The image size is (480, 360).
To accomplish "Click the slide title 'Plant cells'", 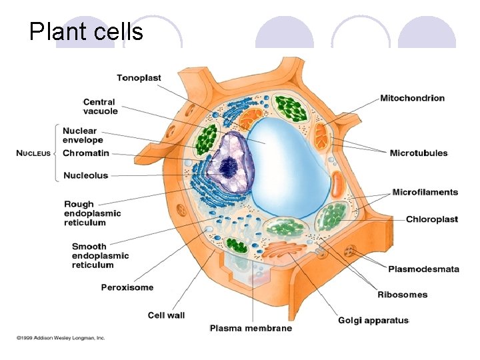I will (86, 31).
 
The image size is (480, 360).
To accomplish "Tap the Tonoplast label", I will (139, 78).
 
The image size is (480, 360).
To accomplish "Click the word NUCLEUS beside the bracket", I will (33, 153).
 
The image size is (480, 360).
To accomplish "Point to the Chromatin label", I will (85, 153).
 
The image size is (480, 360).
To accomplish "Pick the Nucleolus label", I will (85, 176).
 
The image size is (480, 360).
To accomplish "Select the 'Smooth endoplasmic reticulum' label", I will (100, 255).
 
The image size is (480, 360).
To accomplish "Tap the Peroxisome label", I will (127, 287).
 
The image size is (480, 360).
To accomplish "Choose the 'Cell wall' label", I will (166, 315).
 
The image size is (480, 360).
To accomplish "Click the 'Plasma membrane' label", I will (251, 328).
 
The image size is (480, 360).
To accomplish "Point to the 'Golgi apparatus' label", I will (373, 320).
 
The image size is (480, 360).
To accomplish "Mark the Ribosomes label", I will (403, 295).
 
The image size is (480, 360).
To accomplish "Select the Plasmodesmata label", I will (423, 269).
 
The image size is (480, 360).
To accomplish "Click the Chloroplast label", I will (431, 219).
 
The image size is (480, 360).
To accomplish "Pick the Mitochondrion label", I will (412, 98).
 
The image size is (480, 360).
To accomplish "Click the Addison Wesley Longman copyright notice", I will (61, 338).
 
